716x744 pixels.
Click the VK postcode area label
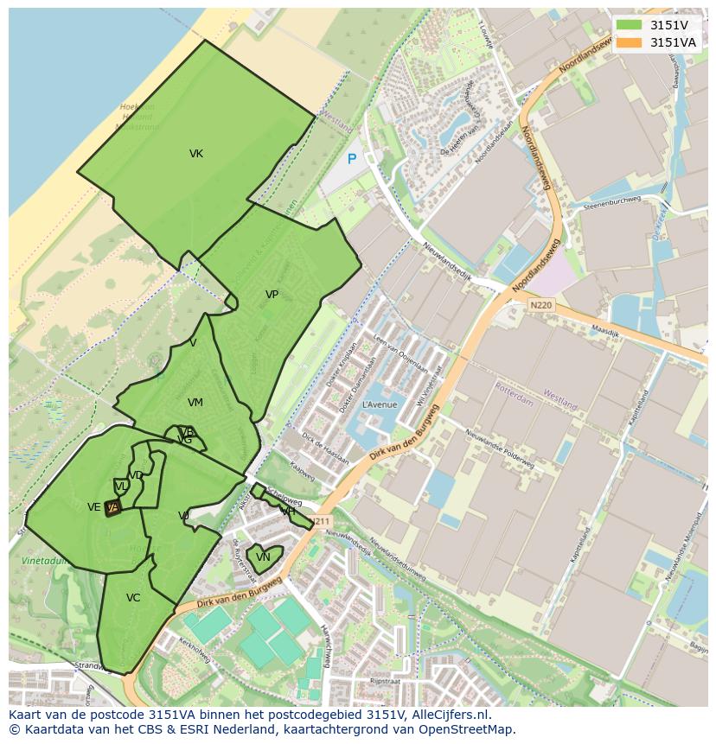196,154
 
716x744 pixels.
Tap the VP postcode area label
272,295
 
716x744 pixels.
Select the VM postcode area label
195,403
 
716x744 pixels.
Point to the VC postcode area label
133,598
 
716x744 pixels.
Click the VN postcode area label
263,557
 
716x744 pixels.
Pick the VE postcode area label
93,507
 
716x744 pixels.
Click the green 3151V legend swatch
629,25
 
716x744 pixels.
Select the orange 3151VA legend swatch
629,42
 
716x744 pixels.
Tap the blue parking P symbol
352,159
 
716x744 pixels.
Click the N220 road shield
540,305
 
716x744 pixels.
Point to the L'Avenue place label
379,404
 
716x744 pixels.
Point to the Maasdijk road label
607,329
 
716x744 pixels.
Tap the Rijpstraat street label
385,680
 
